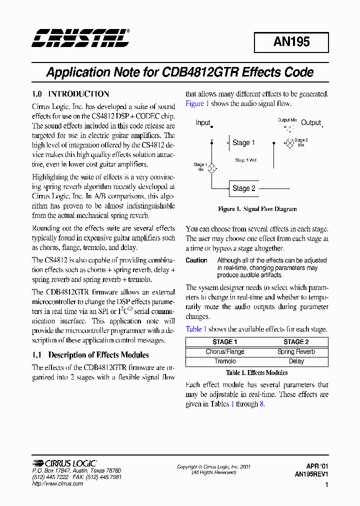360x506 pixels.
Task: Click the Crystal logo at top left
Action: point(80,38)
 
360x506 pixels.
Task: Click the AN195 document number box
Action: point(291,42)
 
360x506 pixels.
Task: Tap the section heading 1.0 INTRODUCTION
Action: point(70,94)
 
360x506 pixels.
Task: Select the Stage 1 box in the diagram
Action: point(243,143)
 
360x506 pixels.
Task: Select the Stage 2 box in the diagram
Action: point(243,188)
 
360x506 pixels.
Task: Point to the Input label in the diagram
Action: point(203,122)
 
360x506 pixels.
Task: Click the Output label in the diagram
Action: point(310,122)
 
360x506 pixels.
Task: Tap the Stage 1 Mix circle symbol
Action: point(211,168)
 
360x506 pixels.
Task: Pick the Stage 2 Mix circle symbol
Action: point(289,143)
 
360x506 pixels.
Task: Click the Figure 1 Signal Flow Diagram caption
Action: point(257,209)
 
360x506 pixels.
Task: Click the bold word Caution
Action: point(196,260)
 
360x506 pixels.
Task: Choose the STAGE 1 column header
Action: point(224,342)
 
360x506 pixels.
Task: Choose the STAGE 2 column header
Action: point(296,342)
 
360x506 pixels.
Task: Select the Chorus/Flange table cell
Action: point(224,351)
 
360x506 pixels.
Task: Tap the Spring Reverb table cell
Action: point(296,351)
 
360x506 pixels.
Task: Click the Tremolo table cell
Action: point(224,361)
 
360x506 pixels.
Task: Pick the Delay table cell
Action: point(296,361)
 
